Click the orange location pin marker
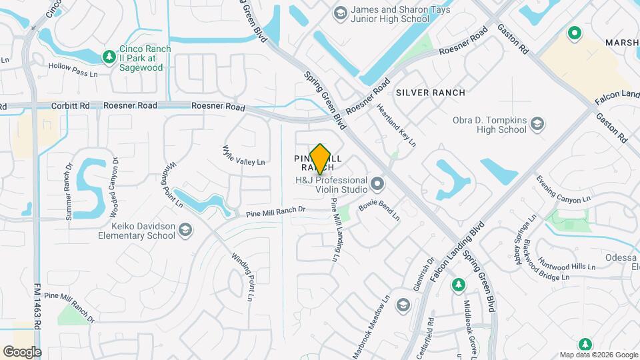point(321,159)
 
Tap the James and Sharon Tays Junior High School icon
point(340,13)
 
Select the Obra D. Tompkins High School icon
point(537,123)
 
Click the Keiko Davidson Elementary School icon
point(185,230)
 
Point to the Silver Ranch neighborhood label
point(430,93)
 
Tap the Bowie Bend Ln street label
point(379,212)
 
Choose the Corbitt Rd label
point(71,105)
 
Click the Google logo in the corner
point(21,351)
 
